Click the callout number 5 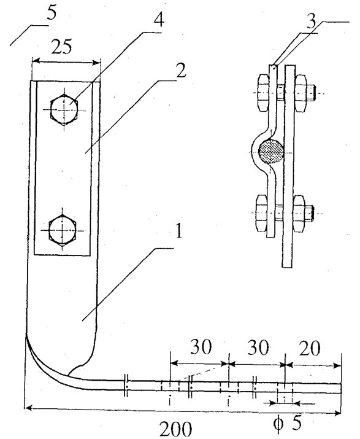[52, 13]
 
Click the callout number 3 [311, 21]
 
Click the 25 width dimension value [61, 47]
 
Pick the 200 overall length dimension [175, 429]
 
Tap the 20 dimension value [309, 349]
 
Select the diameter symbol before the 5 [278, 424]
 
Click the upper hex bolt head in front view [64, 109]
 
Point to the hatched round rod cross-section [271, 152]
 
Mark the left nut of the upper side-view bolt [262, 93]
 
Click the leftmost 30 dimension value [201, 348]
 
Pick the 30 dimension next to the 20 [258, 348]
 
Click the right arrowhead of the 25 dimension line [96, 62]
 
